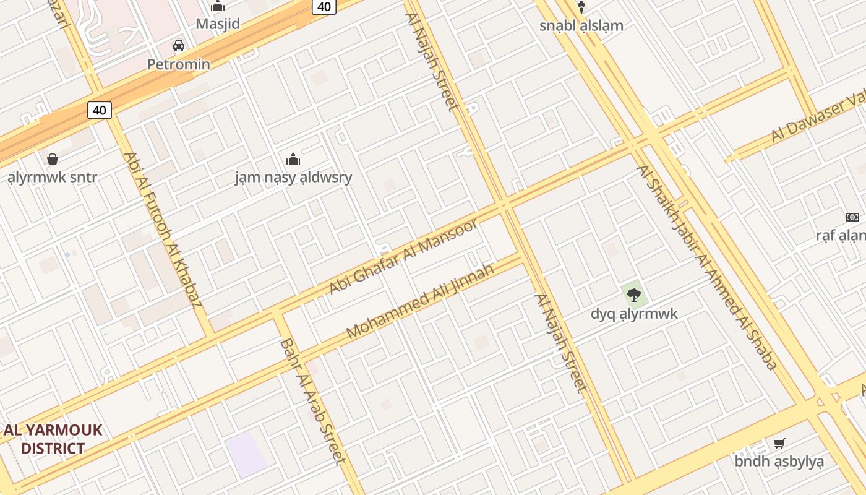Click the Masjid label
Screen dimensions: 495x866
218,24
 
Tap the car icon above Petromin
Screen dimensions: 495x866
179,45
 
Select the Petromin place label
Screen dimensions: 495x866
178,64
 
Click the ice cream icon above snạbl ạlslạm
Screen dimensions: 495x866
581,7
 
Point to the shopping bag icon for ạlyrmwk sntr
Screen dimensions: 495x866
53,159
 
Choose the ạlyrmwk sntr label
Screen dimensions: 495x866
53,178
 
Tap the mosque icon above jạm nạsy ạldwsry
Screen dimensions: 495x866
293,159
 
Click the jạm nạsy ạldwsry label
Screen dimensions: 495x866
293,178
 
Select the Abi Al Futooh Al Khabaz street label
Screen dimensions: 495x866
163,230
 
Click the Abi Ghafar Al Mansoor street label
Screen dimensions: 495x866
403,256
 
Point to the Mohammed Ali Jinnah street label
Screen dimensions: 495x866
420,301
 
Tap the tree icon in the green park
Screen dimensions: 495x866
633,295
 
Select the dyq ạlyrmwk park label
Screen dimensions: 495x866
634,314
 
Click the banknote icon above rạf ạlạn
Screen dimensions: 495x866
852,217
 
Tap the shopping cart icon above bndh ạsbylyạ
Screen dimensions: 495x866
779,443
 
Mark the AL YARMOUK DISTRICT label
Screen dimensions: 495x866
53,439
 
